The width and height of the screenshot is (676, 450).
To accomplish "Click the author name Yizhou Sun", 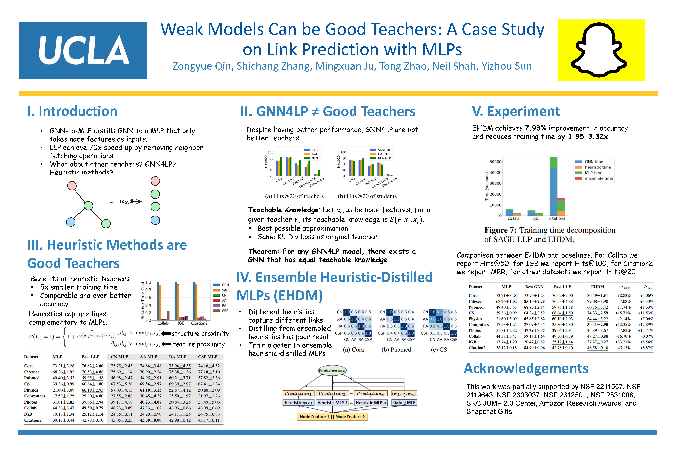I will [506, 66].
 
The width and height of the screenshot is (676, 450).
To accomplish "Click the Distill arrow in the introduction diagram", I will [126, 202].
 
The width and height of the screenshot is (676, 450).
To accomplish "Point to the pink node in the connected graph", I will [72, 186].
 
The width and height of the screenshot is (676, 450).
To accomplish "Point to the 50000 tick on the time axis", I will [495, 162].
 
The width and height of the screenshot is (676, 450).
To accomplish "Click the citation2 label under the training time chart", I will [557, 218].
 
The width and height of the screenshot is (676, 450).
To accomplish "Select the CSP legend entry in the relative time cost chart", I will [225, 311].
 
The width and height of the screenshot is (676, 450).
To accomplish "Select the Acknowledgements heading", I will [526, 369].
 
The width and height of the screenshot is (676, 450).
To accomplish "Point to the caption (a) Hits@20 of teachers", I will [294, 196].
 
